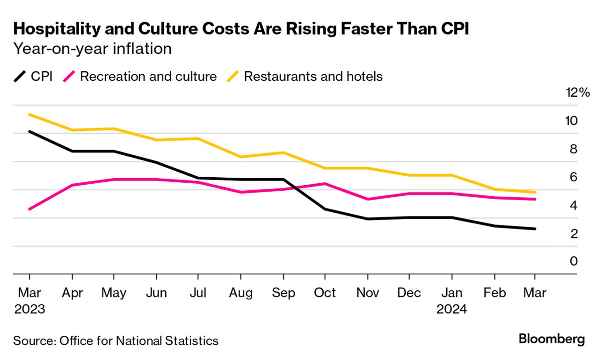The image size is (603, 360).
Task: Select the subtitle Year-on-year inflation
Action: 92,49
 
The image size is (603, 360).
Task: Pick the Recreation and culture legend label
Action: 148,76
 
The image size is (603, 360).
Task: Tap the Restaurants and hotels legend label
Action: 313,76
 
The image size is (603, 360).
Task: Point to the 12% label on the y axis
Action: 578,93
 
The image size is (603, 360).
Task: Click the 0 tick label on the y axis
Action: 573,261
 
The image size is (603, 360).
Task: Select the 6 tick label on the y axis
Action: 573,177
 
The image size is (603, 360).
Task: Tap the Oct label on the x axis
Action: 324,293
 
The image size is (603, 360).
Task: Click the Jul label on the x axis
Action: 198,293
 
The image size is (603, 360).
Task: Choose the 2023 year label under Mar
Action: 29,309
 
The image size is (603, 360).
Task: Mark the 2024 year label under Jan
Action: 451,309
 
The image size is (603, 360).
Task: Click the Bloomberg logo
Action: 552,339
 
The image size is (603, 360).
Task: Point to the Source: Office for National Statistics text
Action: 116,340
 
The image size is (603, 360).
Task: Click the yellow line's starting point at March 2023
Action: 29,114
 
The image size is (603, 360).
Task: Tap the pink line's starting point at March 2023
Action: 29,209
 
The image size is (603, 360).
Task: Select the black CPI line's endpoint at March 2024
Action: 535,229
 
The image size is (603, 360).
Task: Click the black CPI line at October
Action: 324,209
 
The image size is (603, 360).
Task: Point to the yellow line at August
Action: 240,157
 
